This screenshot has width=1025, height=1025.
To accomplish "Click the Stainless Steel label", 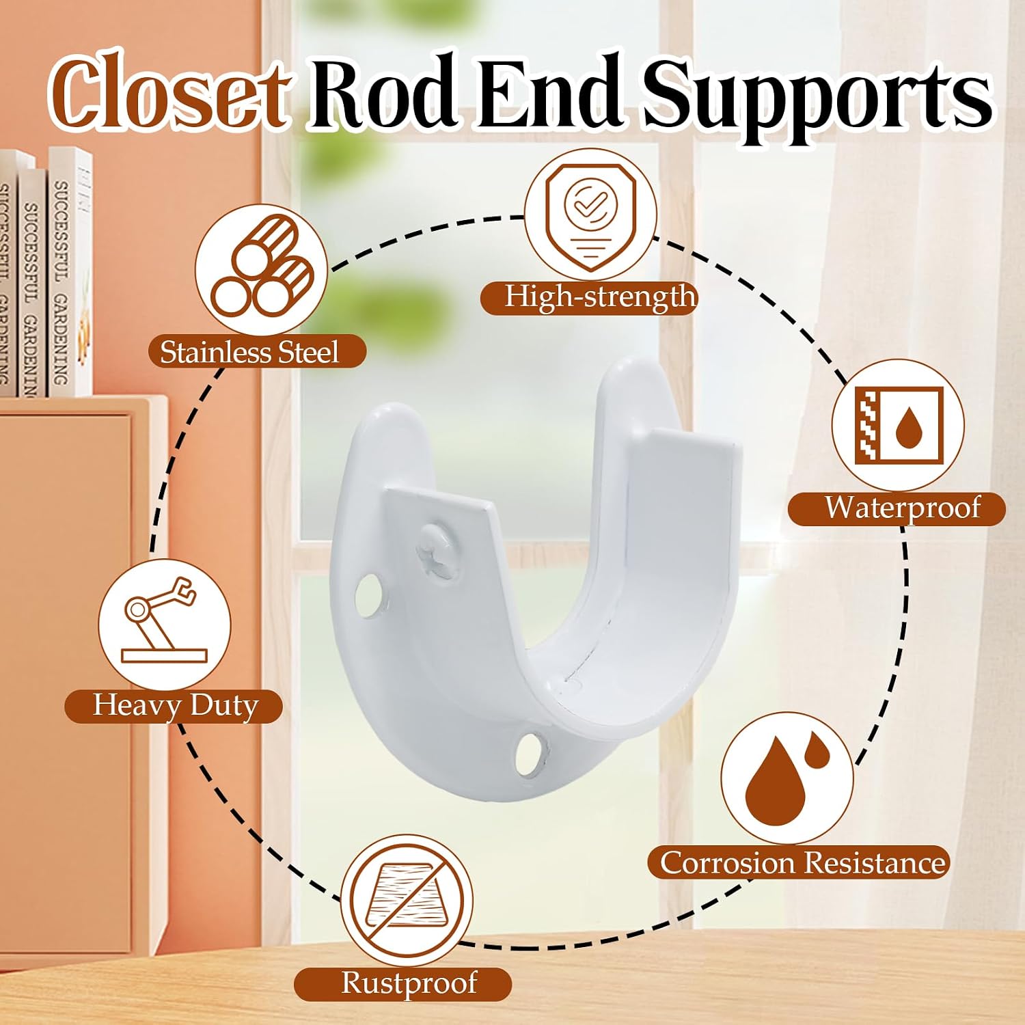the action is (x=249, y=352).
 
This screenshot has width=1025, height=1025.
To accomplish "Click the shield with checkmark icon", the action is (x=589, y=215).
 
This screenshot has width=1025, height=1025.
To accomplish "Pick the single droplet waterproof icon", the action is (x=898, y=425).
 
